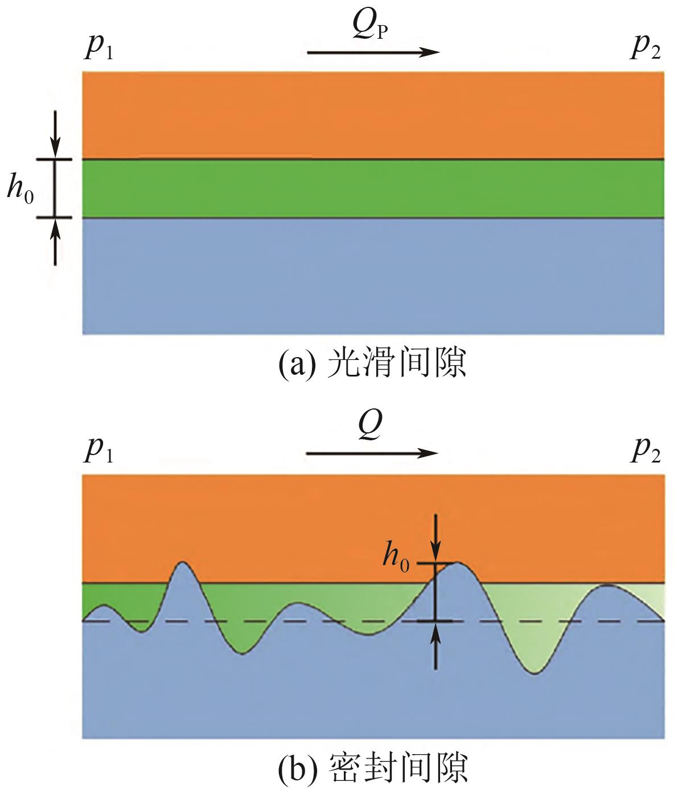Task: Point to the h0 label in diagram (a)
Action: coord(20,189)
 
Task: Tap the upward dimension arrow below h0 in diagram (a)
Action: coord(55,242)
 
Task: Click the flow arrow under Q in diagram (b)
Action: coord(373,453)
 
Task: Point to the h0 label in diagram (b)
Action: coord(396,555)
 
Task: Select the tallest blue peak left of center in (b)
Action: coord(183,575)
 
